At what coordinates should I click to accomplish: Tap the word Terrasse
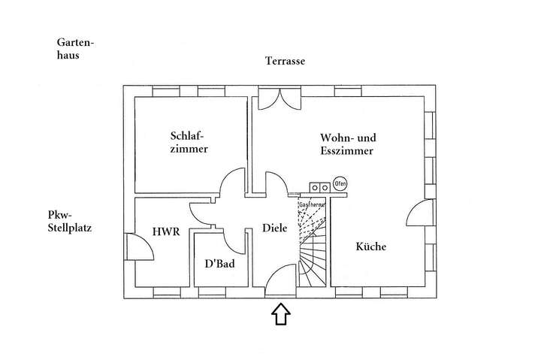[285, 62]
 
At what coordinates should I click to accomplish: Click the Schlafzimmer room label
[189, 143]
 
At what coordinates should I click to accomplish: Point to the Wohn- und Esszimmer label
[348, 144]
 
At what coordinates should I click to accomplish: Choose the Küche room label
[371, 247]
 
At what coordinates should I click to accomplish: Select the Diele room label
[274, 228]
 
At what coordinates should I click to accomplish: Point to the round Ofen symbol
[340, 183]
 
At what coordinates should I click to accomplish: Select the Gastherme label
[312, 204]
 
